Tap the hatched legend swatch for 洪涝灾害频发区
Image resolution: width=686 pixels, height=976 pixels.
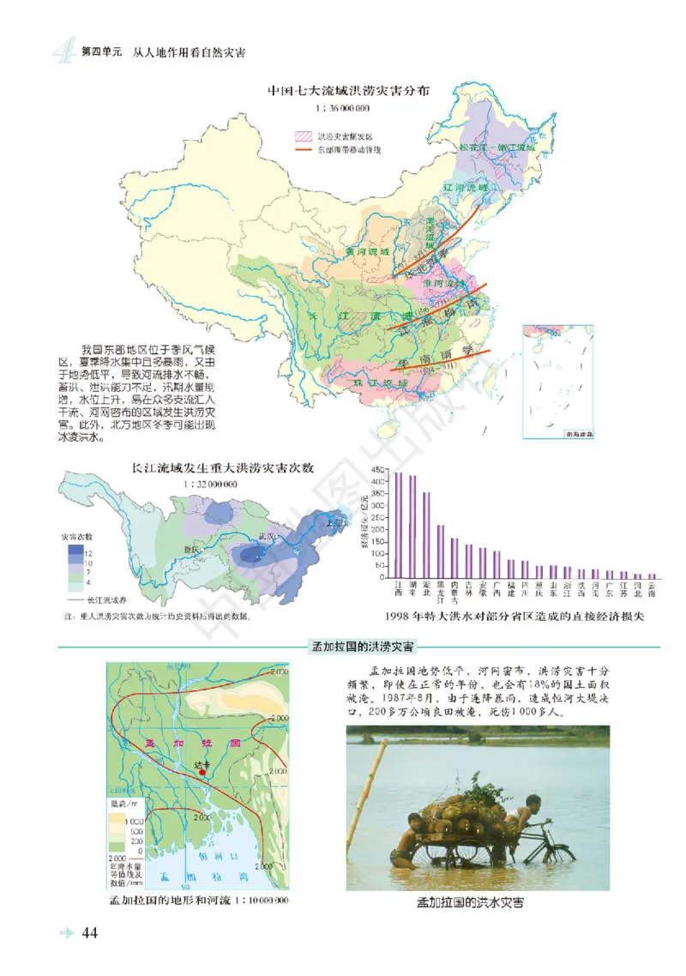click(x=302, y=136)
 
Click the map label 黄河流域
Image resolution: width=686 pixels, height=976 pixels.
click(x=366, y=252)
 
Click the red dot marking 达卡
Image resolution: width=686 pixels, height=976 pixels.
click(x=202, y=773)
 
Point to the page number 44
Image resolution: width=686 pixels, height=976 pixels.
click(x=93, y=933)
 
